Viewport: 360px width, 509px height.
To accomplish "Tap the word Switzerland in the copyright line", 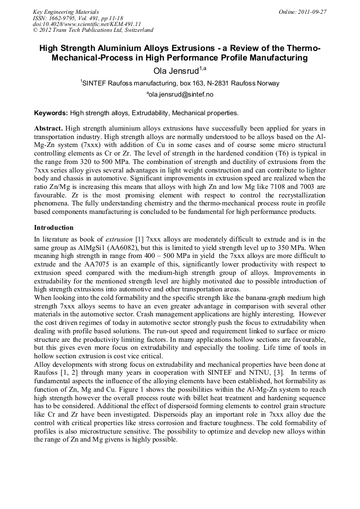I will pyautogui.click(x=135, y=30).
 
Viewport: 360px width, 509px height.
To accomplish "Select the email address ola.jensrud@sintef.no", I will pyautogui.click(x=179, y=94).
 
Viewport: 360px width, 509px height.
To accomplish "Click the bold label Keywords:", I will pyautogui.click(x=51, y=113).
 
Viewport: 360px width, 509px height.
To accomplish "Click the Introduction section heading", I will pyautogui.click(x=54, y=228).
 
